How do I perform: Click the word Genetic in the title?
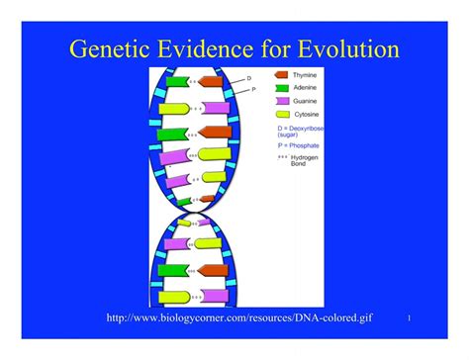click(x=106, y=48)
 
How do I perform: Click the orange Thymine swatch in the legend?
click(x=283, y=74)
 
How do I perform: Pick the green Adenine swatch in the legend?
click(x=282, y=87)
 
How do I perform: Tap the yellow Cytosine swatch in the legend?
click(x=282, y=115)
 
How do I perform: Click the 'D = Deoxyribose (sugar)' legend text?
click(x=303, y=132)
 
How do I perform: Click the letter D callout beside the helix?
click(x=249, y=77)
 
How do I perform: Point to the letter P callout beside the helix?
click(x=253, y=89)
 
